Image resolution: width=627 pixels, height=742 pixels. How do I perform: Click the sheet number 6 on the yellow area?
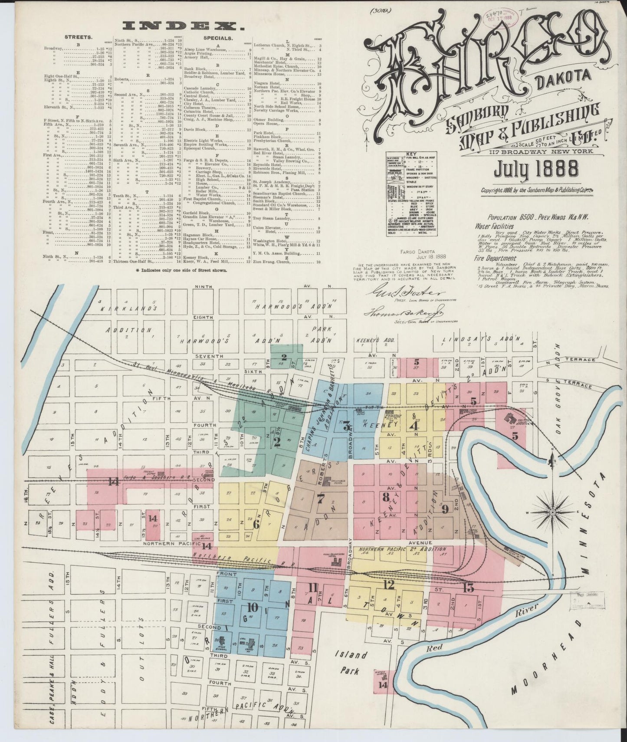pos(256,524)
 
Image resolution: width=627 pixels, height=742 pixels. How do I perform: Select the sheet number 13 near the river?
pos(469,588)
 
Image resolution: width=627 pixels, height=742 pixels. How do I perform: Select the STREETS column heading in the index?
pos(78,38)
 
